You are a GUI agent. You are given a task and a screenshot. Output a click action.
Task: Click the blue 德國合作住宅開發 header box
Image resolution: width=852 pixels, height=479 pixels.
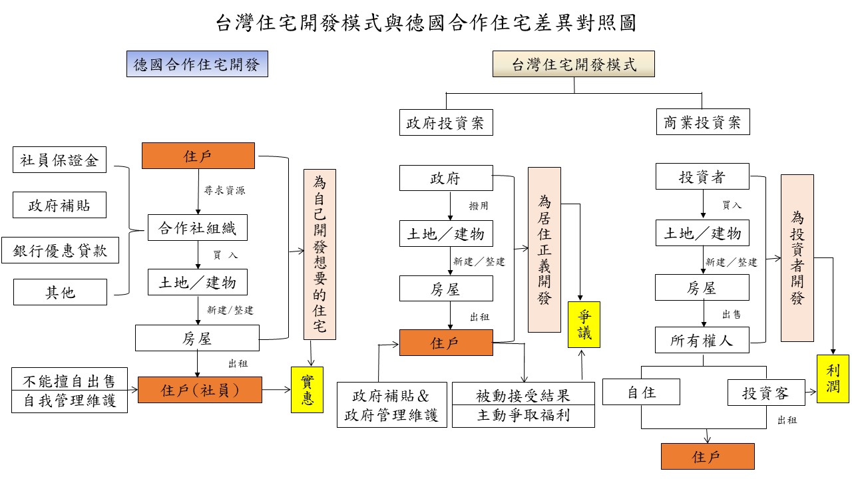point(197,65)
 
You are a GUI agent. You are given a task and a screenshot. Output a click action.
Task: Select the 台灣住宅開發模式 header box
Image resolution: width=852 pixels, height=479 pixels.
point(574,65)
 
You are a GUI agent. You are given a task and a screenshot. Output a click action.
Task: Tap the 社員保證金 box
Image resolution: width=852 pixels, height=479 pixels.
point(59,160)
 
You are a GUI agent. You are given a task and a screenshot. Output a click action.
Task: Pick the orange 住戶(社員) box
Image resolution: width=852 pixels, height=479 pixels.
point(200,391)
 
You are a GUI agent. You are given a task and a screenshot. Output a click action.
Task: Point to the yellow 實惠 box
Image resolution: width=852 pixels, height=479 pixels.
point(307,390)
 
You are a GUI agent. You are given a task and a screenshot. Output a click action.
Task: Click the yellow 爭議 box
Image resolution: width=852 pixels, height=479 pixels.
point(584,325)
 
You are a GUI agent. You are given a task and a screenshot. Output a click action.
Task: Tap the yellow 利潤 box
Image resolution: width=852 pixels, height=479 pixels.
point(833,378)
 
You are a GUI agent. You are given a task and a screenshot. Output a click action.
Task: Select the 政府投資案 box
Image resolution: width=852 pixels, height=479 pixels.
point(446,122)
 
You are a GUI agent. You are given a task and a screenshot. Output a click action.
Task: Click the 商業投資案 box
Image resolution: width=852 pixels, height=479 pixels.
point(702,122)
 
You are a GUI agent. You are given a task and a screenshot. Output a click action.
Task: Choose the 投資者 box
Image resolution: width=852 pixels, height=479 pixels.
point(702,177)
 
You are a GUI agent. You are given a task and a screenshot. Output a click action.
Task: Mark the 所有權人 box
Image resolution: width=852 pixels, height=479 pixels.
point(702,341)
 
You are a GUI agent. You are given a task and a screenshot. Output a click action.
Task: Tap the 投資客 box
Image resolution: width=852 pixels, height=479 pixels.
point(765,393)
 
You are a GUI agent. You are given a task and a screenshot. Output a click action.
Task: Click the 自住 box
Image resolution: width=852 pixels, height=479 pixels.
point(641,393)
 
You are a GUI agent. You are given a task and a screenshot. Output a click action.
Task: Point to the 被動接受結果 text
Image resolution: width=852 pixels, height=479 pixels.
point(523,395)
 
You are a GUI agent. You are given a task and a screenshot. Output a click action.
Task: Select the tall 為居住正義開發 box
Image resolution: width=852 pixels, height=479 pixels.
point(544,249)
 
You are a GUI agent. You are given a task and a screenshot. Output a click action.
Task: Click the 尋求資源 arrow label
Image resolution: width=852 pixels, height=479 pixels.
point(224,191)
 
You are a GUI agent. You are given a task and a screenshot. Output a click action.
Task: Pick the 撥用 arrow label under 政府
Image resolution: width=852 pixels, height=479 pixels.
point(479,206)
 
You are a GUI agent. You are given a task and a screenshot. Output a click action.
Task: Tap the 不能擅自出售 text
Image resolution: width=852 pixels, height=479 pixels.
point(69,381)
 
